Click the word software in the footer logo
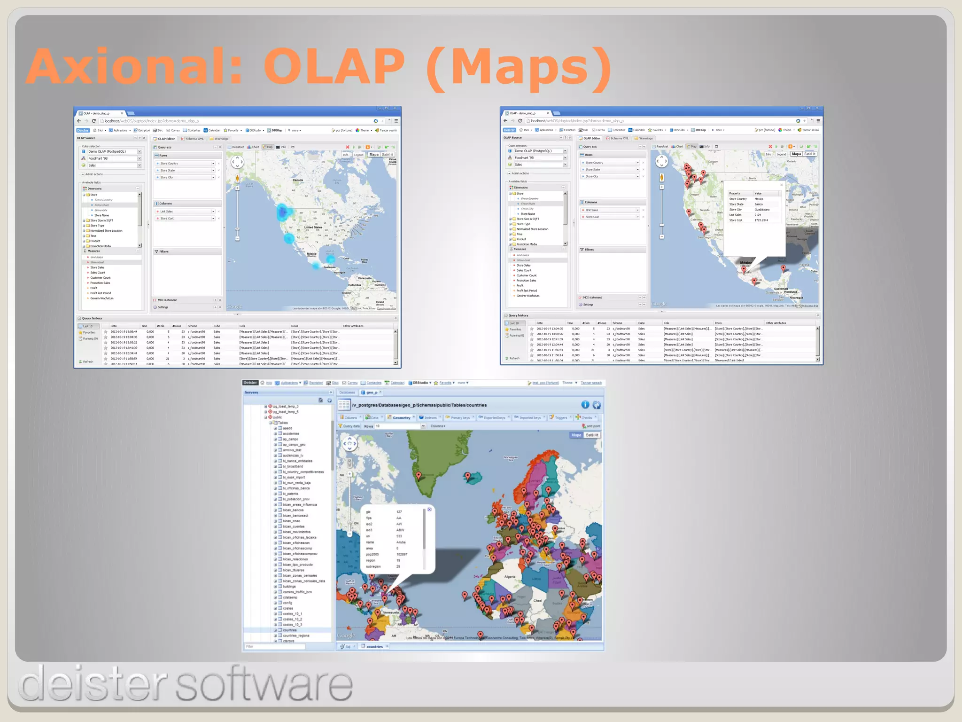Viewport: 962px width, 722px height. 264,684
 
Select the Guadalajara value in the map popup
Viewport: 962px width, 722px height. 761,210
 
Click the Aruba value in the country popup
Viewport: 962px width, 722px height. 401,542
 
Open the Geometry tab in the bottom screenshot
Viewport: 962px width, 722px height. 401,417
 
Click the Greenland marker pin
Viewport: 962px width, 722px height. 419,476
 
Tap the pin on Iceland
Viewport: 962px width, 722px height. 467,477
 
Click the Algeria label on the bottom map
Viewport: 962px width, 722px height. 510,576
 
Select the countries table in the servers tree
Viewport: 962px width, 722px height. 289,630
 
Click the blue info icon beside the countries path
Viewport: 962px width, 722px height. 585,405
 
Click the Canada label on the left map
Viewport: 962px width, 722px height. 298,180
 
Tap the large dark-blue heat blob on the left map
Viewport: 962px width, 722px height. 282,212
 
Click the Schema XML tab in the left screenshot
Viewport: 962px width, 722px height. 194,139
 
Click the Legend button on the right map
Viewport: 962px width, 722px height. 781,154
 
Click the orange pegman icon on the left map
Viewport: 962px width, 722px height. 237,178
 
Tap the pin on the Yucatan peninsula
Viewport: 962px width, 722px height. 783,268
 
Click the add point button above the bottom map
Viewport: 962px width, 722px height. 591,426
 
